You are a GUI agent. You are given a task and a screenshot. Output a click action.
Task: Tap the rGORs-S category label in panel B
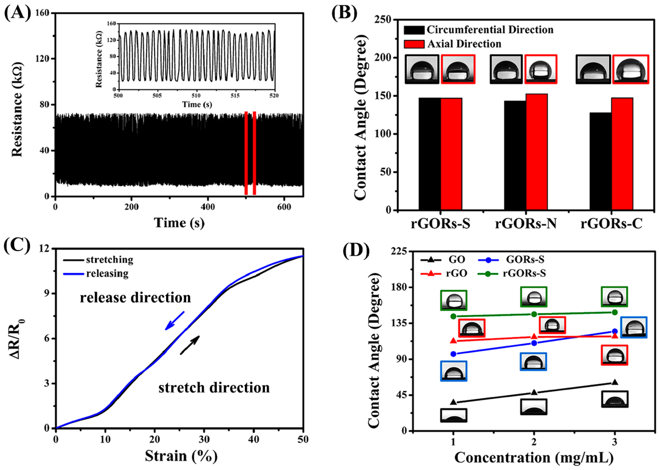pos(440,224)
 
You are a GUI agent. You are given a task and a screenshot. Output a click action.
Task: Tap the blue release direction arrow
pos(174,321)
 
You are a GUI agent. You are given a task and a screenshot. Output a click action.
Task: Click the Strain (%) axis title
pos(181,456)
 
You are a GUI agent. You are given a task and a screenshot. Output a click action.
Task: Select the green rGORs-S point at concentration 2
pos(534,314)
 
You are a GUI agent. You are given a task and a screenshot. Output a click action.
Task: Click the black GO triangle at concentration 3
pos(614,382)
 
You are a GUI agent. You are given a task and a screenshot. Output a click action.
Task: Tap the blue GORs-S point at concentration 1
pos(454,354)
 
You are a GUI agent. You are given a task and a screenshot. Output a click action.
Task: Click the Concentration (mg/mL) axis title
pos(534,457)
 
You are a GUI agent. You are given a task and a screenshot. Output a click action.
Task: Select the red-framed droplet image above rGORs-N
pos(541,70)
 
